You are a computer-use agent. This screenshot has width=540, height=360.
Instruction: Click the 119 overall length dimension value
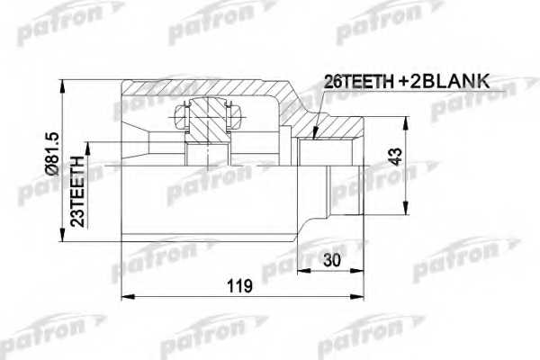point(238,285)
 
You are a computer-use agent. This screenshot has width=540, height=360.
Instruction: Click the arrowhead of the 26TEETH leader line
point(313,138)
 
